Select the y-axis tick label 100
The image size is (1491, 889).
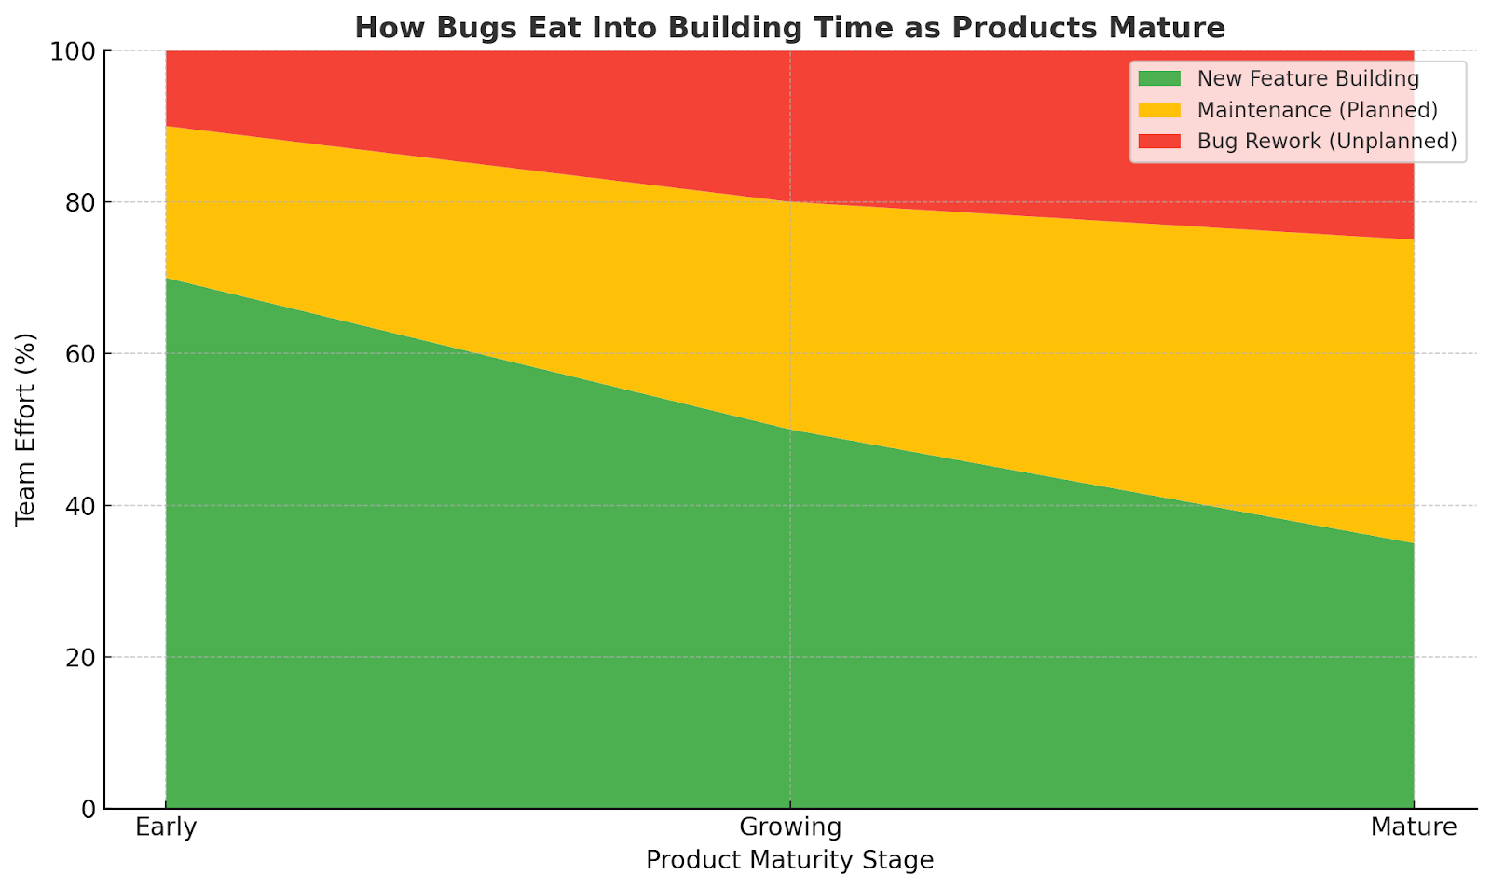tap(72, 51)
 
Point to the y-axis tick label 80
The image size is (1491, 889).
tap(80, 202)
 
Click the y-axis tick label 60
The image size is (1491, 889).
tap(80, 354)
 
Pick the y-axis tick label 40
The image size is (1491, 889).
tap(80, 506)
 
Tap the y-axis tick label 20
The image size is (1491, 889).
tap(80, 658)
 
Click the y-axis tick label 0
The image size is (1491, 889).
tap(88, 809)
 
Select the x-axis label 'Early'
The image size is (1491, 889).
tap(166, 828)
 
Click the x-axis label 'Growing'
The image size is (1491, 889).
tap(790, 828)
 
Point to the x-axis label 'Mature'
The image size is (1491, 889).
tap(1414, 827)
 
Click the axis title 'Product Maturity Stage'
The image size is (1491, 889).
tap(790, 861)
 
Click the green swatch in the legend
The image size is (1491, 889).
tap(1159, 78)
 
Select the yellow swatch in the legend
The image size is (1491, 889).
tap(1159, 110)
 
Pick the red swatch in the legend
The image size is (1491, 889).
tap(1159, 141)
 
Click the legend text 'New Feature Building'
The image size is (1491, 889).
tap(1308, 79)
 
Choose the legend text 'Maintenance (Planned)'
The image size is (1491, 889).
tap(1318, 111)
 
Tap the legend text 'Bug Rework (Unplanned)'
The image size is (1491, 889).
tap(1327, 142)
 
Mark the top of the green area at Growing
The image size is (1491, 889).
tap(790, 430)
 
